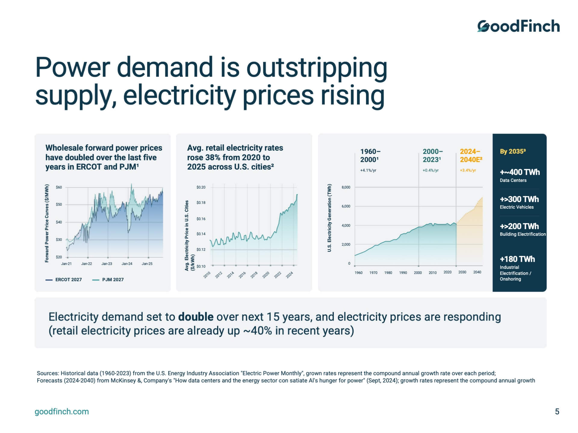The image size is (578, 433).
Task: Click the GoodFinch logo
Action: [518, 26]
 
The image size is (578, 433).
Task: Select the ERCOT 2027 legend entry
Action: [64, 280]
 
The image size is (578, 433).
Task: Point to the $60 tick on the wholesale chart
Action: [59, 187]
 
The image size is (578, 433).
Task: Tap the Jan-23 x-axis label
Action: [107, 264]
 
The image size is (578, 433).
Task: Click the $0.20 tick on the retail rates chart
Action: [201, 187]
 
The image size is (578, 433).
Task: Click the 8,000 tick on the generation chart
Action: [346, 187]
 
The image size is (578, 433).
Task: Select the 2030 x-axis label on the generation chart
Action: [462, 272]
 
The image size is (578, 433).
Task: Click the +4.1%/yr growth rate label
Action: [368, 170]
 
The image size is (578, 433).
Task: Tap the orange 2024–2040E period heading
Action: [471, 155]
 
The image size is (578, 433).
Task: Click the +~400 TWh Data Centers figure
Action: [520, 172]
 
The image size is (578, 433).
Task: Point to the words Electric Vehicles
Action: [517, 207]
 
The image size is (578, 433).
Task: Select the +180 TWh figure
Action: [517, 259]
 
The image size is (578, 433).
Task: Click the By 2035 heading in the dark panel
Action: [513, 152]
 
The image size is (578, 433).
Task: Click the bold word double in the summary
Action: [196, 317]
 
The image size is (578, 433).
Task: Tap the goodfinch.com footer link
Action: [62, 412]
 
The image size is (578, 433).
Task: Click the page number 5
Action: [557, 412]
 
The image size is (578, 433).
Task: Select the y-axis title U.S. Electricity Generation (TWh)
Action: [329, 218]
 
